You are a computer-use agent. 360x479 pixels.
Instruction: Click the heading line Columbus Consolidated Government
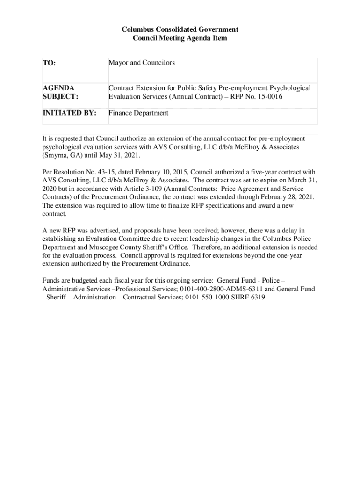(180, 29)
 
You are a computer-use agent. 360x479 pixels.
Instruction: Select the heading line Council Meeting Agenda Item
(180, 38)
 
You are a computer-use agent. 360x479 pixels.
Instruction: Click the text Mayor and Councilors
(142, 63)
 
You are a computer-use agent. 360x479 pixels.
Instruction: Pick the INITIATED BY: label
(70, 113)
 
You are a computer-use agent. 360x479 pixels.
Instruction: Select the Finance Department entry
(138, 113)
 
